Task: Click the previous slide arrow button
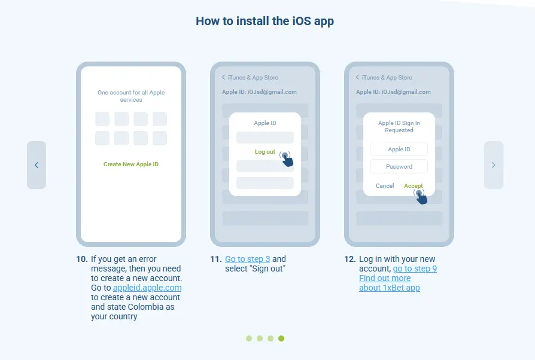[x=37, y=165]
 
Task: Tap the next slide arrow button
[x=494, y=165]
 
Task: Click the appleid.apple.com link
[x=147, y=288]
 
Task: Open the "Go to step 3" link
[x=247, y=259]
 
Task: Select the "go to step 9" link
[x=415, y=269]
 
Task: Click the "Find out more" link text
[x=385, y=278]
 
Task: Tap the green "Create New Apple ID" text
[x=131, y=164]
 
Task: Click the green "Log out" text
[x=265, y=152]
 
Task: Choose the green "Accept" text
[x=413, y=186]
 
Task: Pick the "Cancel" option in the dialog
[x=385, y=186]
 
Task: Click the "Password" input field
[x=399, y=166]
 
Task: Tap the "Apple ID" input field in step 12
[x=399, y=149]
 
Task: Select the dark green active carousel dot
[x=281, y=338]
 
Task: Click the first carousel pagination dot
[x=249, y=338]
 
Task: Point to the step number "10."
[x=82, y=259]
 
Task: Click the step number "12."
[x=350, y=259]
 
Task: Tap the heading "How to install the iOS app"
[x=265, y=21]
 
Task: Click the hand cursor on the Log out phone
[x=287, y=159]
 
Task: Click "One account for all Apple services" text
[x=131, y=96]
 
